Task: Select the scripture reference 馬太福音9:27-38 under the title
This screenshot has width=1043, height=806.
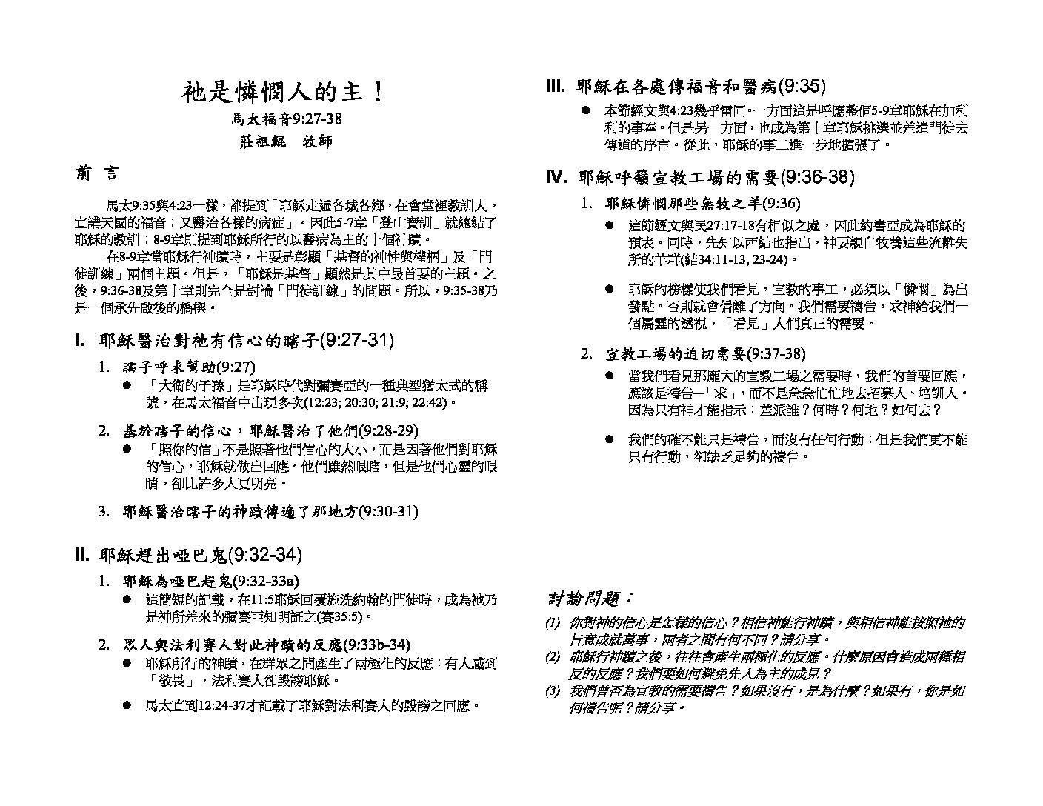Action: tap(286, 119)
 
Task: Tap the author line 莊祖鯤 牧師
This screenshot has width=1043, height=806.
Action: tap(286, 141)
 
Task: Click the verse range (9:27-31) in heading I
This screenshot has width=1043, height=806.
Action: tap(356, 341)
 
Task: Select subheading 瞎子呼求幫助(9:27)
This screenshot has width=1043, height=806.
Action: tap(189, 367)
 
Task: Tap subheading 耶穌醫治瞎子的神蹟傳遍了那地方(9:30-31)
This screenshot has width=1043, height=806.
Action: tap(270, 511)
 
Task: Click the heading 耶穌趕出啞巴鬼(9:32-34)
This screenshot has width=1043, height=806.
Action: tap(199, 555)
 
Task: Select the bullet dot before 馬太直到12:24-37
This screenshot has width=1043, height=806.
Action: tap(128, 706)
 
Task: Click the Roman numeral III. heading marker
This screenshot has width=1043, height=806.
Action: tap(556, 87)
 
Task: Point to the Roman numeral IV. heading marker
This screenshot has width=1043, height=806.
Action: tap(556, 177)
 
